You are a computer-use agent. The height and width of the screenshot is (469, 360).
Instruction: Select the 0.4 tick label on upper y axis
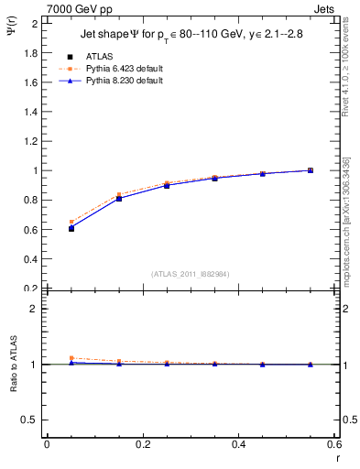coord(27,259)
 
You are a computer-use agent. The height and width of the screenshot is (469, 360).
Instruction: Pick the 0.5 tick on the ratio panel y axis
coord(27,420)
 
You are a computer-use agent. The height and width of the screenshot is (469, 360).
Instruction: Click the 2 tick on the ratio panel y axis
coord(32,309)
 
